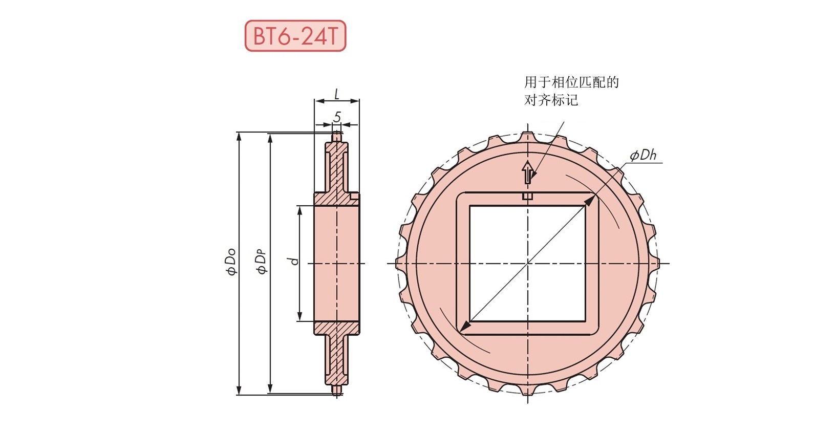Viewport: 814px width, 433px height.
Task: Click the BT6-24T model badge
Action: coord(295,36)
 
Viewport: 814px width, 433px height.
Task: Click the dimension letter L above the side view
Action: coord(337,95)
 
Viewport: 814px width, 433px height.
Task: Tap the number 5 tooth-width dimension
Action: coord(337,117)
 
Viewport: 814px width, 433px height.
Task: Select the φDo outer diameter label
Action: coord(232,261)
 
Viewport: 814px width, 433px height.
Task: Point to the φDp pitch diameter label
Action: coord(262,262)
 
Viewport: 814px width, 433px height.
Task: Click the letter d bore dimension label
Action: coord(294,261)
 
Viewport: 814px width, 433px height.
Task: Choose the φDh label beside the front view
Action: coord(643,156)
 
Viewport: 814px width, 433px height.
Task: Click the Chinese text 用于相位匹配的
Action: coord(571,82)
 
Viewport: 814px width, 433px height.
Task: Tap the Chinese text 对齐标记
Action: coord(551,99)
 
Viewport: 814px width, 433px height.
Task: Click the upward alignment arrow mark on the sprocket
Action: coord(528,173)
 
